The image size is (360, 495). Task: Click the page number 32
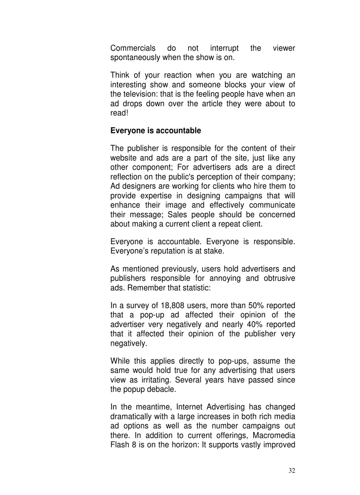pyautogui.click(x=292, y=470)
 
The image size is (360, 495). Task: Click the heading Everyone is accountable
pyautogui.click(x=155, y=130)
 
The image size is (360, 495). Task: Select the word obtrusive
pyautogui.click(x=280, y=279)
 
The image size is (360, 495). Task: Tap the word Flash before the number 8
pyautogui.click(x=120, y=445)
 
